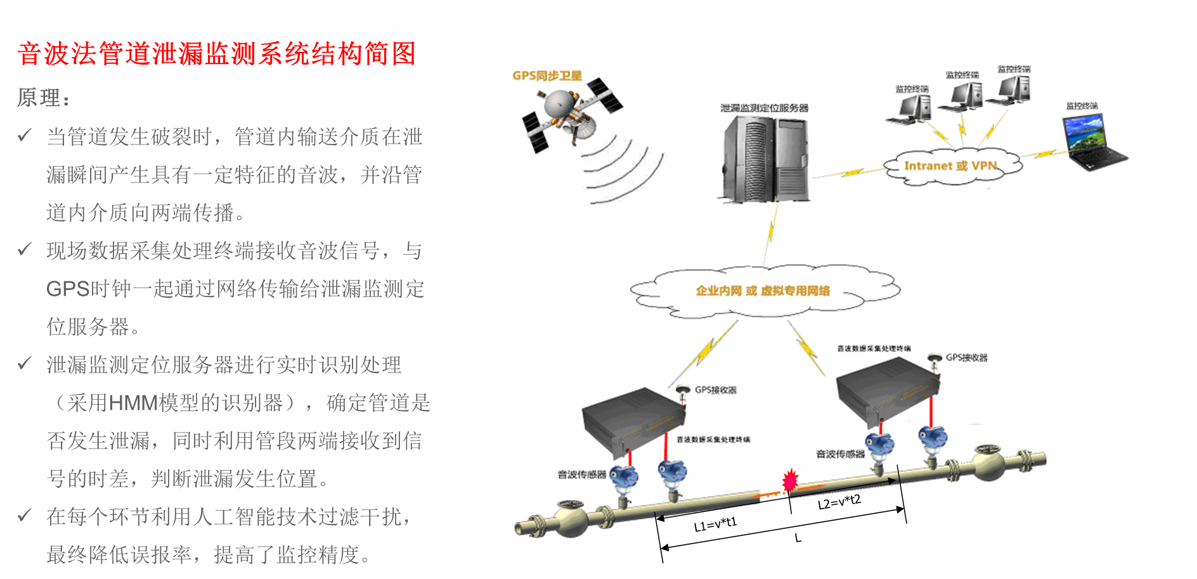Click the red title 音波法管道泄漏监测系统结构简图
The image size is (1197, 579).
click(216, 54)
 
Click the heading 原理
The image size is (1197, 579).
click(42, 98)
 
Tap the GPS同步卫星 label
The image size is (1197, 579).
click(547, 76)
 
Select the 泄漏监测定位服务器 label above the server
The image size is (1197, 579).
click(764, 108)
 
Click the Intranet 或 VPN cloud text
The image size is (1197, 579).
click(950, 166)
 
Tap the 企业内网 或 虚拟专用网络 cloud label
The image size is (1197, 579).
click(763, 291)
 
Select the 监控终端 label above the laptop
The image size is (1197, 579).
click(1082, 106)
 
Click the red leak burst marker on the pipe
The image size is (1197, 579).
click(790, 481)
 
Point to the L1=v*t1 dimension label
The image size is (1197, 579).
click(715, 525)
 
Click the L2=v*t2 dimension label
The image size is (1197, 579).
click(839, 502)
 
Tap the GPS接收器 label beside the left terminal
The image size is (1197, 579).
click(715, 390)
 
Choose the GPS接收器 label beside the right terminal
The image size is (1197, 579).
click(966, 358)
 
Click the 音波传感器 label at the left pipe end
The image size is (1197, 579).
click(581, 474)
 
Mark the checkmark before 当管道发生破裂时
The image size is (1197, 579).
click(25, 136)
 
